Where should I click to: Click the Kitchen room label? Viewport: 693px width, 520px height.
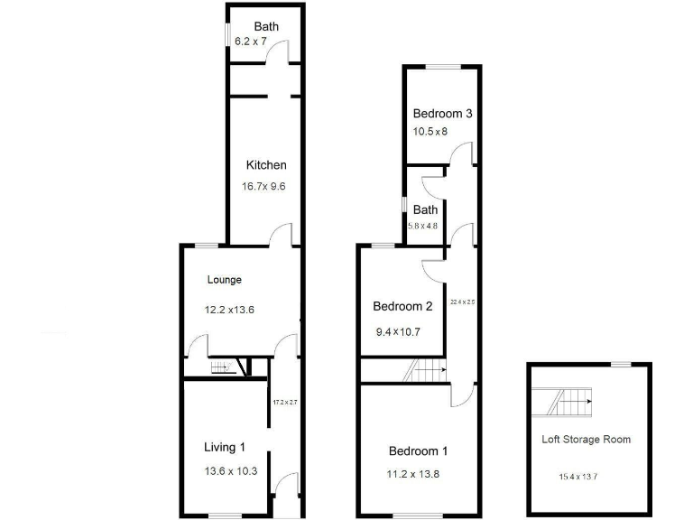(x=266, y=165)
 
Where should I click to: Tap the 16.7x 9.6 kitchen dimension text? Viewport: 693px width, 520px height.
(x=263, y=188)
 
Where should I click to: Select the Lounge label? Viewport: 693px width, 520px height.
(x=225, y=280)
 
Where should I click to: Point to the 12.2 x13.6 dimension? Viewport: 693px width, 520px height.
(x=230, y=310)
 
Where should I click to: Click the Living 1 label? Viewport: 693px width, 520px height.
(x=225, y=447)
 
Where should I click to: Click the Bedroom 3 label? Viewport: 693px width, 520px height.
(x=443, y=114)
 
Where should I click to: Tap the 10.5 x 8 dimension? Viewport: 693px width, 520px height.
(x=430, y=132)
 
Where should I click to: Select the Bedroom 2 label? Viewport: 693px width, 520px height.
(x=402, y=306)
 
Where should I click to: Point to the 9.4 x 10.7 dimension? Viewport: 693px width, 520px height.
(x=398, y=332)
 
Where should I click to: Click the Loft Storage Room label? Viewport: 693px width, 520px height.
(x=586, y=440)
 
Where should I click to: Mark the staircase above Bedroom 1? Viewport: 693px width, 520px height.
(x=426, y=370)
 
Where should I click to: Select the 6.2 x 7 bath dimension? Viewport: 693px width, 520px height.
(x=251, y=42)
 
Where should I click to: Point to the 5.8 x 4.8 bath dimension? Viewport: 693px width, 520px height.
(x=422, y=226)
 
